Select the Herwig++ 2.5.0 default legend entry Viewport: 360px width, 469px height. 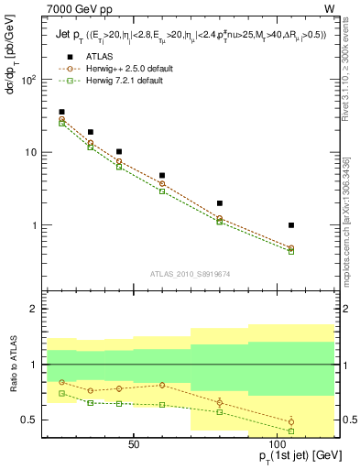(x=125, y=68)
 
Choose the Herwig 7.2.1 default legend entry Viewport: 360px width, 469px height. (x=124, y=80)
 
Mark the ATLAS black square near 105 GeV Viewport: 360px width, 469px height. (x=290, y=224)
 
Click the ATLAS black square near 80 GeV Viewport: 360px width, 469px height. (x=219, y=203)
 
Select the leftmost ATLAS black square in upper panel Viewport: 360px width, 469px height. (x=61, y=112)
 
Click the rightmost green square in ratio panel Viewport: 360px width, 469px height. (x=290, y=431)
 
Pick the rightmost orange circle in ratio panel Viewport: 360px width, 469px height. (x=290, y=421)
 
